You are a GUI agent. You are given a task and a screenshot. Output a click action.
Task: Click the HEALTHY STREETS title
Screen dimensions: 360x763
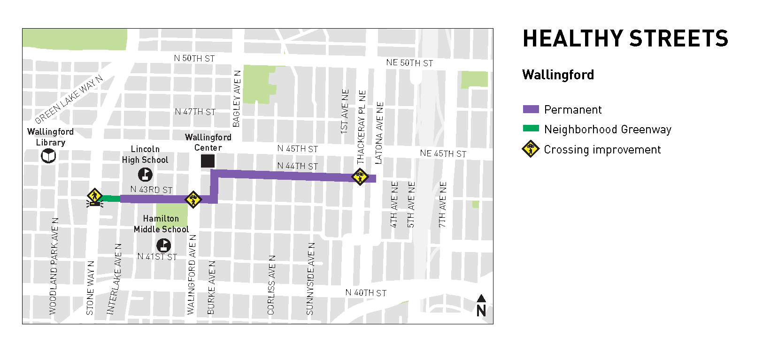[625, 39]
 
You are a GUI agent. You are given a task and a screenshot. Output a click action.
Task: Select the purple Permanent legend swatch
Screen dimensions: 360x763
[531, 109]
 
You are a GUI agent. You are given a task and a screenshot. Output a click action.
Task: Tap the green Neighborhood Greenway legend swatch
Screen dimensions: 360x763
[531, 128]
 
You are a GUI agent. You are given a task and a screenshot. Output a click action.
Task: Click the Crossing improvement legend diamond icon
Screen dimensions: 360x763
[531, 149]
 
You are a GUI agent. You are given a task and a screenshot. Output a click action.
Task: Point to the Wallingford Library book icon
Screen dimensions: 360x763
[48, 156]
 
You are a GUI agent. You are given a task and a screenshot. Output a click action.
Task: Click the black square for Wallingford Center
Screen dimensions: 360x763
[208, 161]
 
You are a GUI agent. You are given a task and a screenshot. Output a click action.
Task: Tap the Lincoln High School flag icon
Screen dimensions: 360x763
[145, 175]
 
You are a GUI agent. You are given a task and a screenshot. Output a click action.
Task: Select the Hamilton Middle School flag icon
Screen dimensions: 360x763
[163, 245]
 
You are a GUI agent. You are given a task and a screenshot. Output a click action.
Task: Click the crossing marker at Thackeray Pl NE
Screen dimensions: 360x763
[360, 176]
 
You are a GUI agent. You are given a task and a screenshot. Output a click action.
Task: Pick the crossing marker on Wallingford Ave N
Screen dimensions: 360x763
[193, 199]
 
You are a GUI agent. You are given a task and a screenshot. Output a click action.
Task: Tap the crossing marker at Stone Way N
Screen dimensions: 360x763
[95, 196]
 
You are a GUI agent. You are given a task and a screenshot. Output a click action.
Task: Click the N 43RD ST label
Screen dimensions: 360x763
[151, 190]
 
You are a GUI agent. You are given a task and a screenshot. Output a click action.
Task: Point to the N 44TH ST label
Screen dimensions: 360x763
[297, 166]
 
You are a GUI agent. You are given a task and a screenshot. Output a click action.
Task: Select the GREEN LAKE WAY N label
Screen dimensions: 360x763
[69, 100]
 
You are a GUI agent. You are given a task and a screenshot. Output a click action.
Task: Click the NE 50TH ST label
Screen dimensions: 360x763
[409, 63]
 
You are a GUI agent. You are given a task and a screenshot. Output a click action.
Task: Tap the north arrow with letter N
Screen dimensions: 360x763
[481, 306]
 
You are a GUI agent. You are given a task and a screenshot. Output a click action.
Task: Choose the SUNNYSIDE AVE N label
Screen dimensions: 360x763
[310, 279]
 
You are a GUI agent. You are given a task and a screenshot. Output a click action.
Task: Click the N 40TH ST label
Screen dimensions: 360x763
[366, 293]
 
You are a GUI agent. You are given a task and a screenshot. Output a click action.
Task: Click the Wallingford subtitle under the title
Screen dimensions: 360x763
[558, 75]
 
